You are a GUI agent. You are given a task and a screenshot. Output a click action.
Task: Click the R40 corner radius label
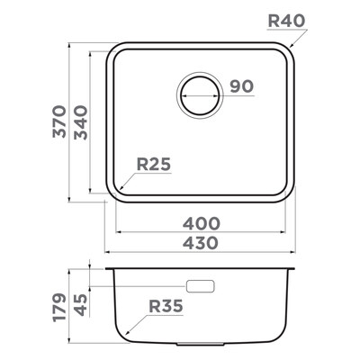pos(286,21)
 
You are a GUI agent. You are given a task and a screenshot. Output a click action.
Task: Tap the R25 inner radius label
pos(154,164)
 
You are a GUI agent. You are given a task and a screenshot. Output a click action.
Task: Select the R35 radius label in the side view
pos(166,306)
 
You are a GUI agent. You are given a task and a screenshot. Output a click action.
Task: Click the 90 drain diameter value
pos(242,86)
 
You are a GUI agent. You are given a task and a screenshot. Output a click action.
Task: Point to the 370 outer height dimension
pos(59,121)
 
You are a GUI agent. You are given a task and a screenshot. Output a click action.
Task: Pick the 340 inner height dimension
pos(81,122)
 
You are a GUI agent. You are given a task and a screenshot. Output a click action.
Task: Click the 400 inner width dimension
pos(202,224)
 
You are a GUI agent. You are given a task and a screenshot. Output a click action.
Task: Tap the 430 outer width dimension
pos(201,243)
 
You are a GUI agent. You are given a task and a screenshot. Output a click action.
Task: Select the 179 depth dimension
pos(59,308)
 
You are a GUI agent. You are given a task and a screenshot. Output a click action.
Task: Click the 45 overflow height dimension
pos(81,305)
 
